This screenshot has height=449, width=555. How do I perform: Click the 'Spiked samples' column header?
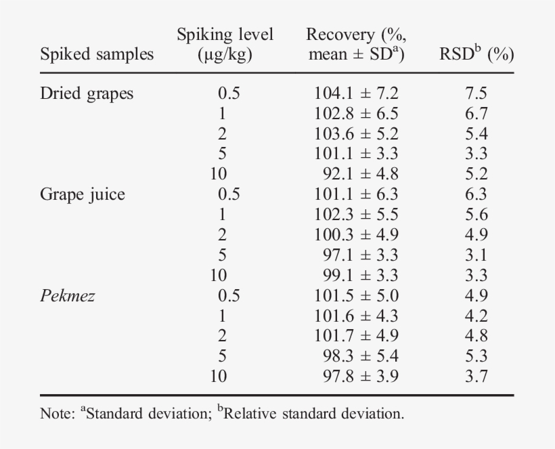(x=97, y=54)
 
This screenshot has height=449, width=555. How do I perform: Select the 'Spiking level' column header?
(x=225, y=45)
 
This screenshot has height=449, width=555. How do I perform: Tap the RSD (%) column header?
(x=476, y=54)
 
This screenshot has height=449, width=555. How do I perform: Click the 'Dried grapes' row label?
(x=87, y=94)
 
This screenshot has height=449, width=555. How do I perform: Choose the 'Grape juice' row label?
(x=83, y=195)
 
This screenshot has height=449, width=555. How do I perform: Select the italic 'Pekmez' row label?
(x=68, y=296)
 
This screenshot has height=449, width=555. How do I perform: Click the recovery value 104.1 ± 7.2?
(x=356, y=93)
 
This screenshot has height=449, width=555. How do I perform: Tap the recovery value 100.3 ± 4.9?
(x=356, y=235)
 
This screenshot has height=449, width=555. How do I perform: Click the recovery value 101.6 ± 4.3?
(x=356, y=316)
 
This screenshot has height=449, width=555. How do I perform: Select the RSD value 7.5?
(x=476, y=93)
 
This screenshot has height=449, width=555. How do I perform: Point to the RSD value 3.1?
(x=476, y=255)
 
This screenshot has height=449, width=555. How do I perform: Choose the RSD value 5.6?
(x=476, y=215)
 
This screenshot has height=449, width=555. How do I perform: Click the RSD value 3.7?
(x=476, y=377)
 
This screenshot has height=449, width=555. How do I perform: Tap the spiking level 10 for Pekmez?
(x=219, y=377)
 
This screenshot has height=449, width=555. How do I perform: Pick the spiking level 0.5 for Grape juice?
(x=229, y=194)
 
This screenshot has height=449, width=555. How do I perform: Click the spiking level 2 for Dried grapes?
(x=222, y=134)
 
